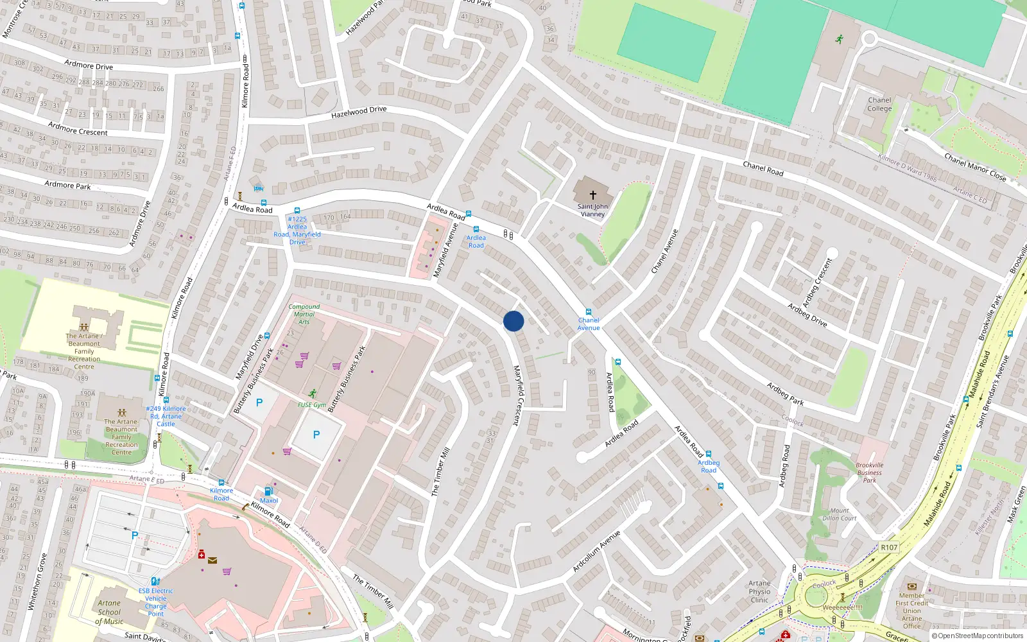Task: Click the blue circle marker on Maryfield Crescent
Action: pos(513,321)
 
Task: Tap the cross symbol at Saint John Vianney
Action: pos(592,195)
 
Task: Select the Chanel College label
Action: pos(879,104)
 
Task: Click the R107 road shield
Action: pos(889,548)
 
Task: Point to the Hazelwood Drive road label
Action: pos(359,112)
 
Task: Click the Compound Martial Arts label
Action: pos(304,314)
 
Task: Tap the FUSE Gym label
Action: pos(312,404)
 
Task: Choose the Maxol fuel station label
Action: pos(269,501)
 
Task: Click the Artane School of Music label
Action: pos(109,612)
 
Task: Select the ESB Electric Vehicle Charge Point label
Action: pos(155,602)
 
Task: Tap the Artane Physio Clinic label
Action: pos(759,592)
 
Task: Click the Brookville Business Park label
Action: pos(870,473)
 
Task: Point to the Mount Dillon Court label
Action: pos(840,514)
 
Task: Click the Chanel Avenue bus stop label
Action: pos(589,324)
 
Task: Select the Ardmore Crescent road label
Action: pos(78,128)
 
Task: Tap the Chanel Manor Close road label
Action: pos(974,166)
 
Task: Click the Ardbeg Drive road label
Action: pos(807,315)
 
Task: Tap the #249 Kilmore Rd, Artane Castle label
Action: pos(166,416)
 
